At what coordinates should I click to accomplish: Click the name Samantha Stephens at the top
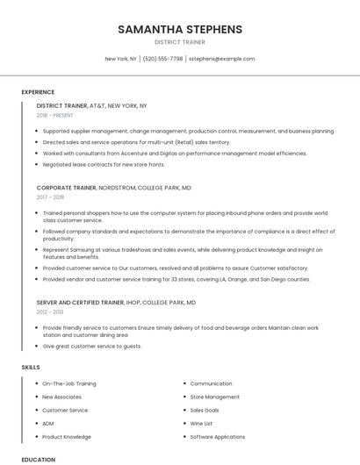tap(179, 29)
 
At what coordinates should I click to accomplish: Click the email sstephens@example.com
tap(221, 59)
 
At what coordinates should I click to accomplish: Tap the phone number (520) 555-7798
tap(162, 59)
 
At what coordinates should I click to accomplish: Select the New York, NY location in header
tap(121, 59)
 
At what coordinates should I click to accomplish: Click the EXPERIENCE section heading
tap(38, 92)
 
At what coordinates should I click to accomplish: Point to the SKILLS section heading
tap(30, 367)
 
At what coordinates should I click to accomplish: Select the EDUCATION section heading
tap(38, 459)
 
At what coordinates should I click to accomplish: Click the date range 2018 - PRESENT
tap(55, 115)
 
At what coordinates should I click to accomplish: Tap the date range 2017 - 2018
tap(50, 197)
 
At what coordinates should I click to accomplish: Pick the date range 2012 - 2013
tap(50, 311)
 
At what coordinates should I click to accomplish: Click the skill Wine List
tap(202, 423)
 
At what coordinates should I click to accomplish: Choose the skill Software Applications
tap(218, 436)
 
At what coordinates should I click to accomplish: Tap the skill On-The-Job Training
tap(69, 383)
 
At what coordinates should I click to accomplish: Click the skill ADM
tap(48, 423)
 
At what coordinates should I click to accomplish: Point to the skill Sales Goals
tap(205, 410)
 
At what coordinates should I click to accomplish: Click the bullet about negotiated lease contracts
tap(104, 164)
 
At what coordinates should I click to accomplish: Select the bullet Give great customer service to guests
tap(92, 346)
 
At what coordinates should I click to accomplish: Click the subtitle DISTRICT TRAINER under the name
tap(179, 41)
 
